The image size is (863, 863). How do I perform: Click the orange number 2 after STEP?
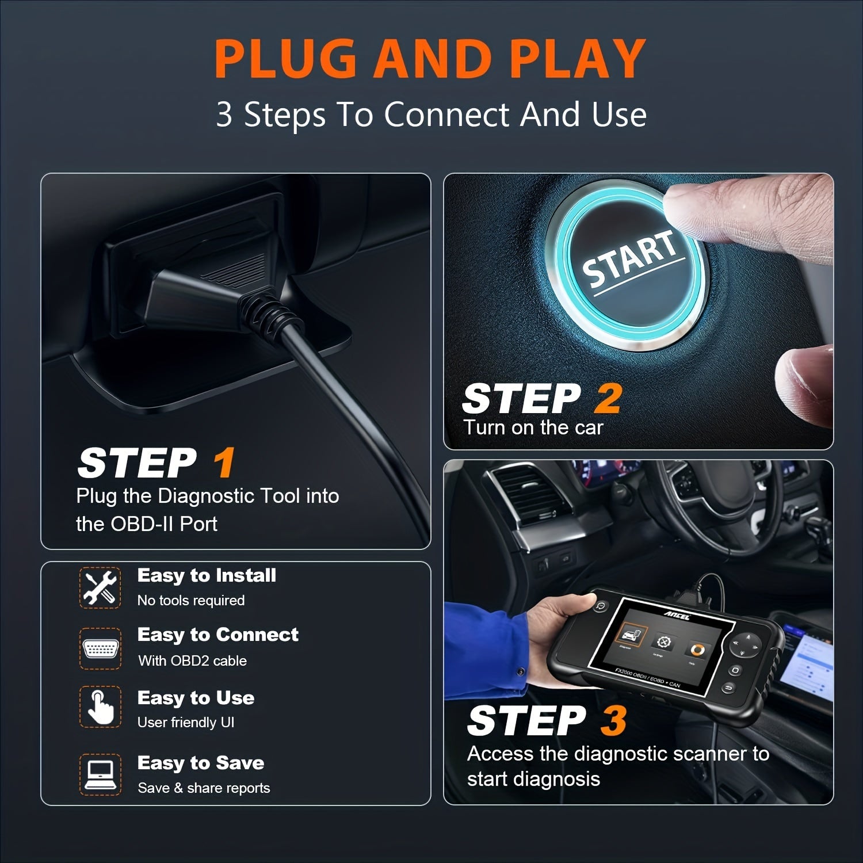point(608,398)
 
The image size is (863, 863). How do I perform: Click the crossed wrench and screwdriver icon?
point(100,587)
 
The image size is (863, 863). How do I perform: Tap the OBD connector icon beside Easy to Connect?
point(100,648)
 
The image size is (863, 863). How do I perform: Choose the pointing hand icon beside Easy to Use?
point(100,708)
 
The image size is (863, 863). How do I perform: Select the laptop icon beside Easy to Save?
point(100,774)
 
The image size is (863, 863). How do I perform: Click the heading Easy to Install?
point(207,575)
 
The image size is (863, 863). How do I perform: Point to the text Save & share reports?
point(204,788)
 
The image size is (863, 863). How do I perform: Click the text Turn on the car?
point(533,427)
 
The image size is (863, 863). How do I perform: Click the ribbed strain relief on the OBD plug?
point(268,314)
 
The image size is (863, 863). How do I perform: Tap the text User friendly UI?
point(186,723)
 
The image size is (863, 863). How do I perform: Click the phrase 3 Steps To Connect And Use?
point(431,114)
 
